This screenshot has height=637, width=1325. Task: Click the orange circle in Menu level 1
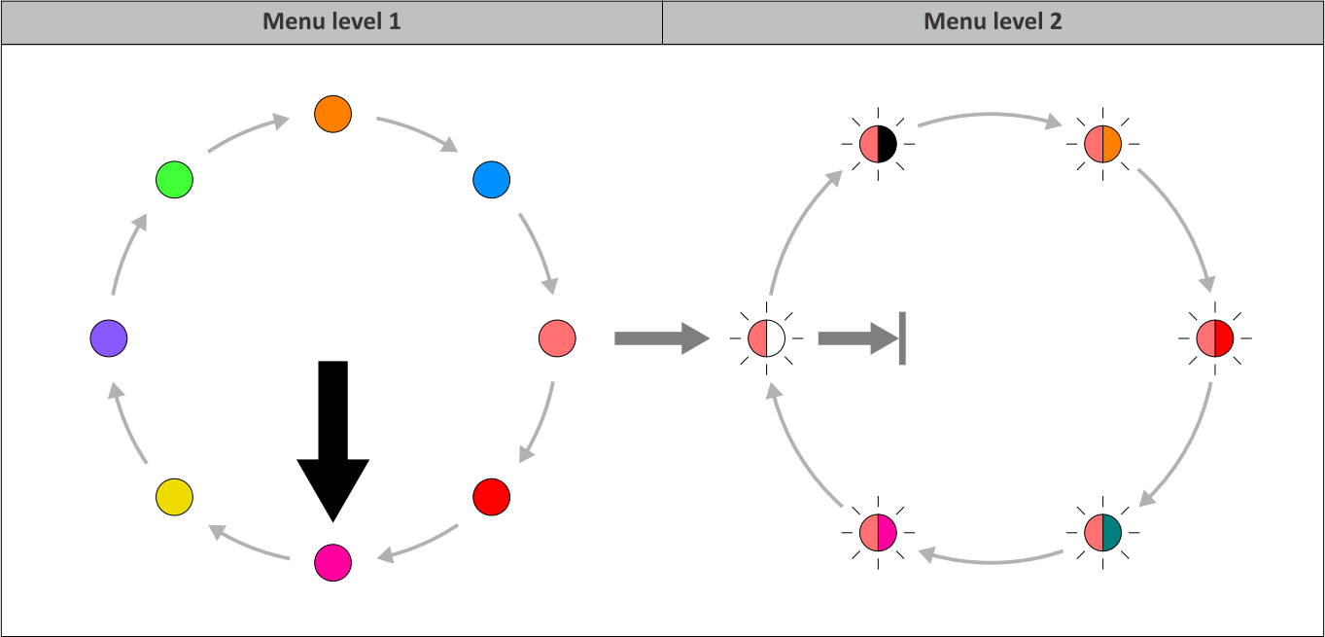point(332,114)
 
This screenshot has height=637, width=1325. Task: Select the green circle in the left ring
point(174,180)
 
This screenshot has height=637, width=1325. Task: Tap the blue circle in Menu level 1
point(491,180)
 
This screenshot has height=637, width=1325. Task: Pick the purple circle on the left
point(108,338)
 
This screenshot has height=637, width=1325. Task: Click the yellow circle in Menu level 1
point(174,497)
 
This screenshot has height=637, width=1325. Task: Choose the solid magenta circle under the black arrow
point(332,562)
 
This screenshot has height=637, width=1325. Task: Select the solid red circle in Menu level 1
point(491,497)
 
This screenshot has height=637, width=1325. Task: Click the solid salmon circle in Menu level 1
point(557,338)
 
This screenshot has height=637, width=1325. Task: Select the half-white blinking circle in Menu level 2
point(766,338)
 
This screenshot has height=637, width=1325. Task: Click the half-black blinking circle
point(878,145)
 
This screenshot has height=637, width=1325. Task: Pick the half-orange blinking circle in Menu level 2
point(1103,145)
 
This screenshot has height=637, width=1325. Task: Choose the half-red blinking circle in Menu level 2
point(1215,338)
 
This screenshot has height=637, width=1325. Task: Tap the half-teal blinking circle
point(1103,532)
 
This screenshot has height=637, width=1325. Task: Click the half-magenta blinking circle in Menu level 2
point(878,532)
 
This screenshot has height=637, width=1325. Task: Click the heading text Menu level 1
point(331,21)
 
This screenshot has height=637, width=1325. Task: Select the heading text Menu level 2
point(993,21)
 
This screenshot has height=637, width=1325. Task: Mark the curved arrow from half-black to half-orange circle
point(990,116)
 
